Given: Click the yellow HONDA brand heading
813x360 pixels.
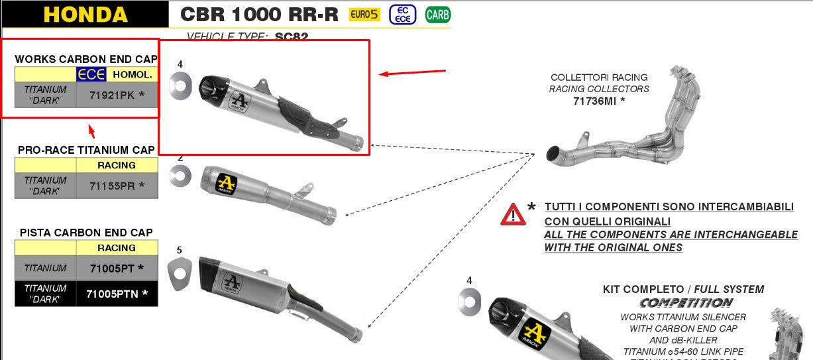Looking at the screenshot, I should tap(85, 15).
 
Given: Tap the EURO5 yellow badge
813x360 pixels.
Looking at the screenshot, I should tap(364, 15).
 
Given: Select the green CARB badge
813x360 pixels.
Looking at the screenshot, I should tap(437, 14).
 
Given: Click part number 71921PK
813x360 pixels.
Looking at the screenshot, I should tap(113, 95).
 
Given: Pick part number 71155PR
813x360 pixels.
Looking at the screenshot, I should tap(113, 186).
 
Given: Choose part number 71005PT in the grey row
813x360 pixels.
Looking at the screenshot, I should tap(113, 269).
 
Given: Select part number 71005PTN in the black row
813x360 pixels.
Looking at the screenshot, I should tap(113, 293).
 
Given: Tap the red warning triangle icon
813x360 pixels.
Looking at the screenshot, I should tap(513, 214).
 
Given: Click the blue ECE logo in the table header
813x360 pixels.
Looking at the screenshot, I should tap(91, 74).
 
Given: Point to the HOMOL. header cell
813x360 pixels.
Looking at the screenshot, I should tap(133, 74).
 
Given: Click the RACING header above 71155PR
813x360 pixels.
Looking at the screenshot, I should tap(117, 165).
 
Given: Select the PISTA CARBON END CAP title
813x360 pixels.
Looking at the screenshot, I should tap(86, 233).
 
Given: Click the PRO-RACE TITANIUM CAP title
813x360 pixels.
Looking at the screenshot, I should tap(86, 150).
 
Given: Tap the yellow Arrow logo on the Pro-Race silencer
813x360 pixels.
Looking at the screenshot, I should tap(227, 181).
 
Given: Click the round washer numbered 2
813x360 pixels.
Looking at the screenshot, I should tap(180, 175).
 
